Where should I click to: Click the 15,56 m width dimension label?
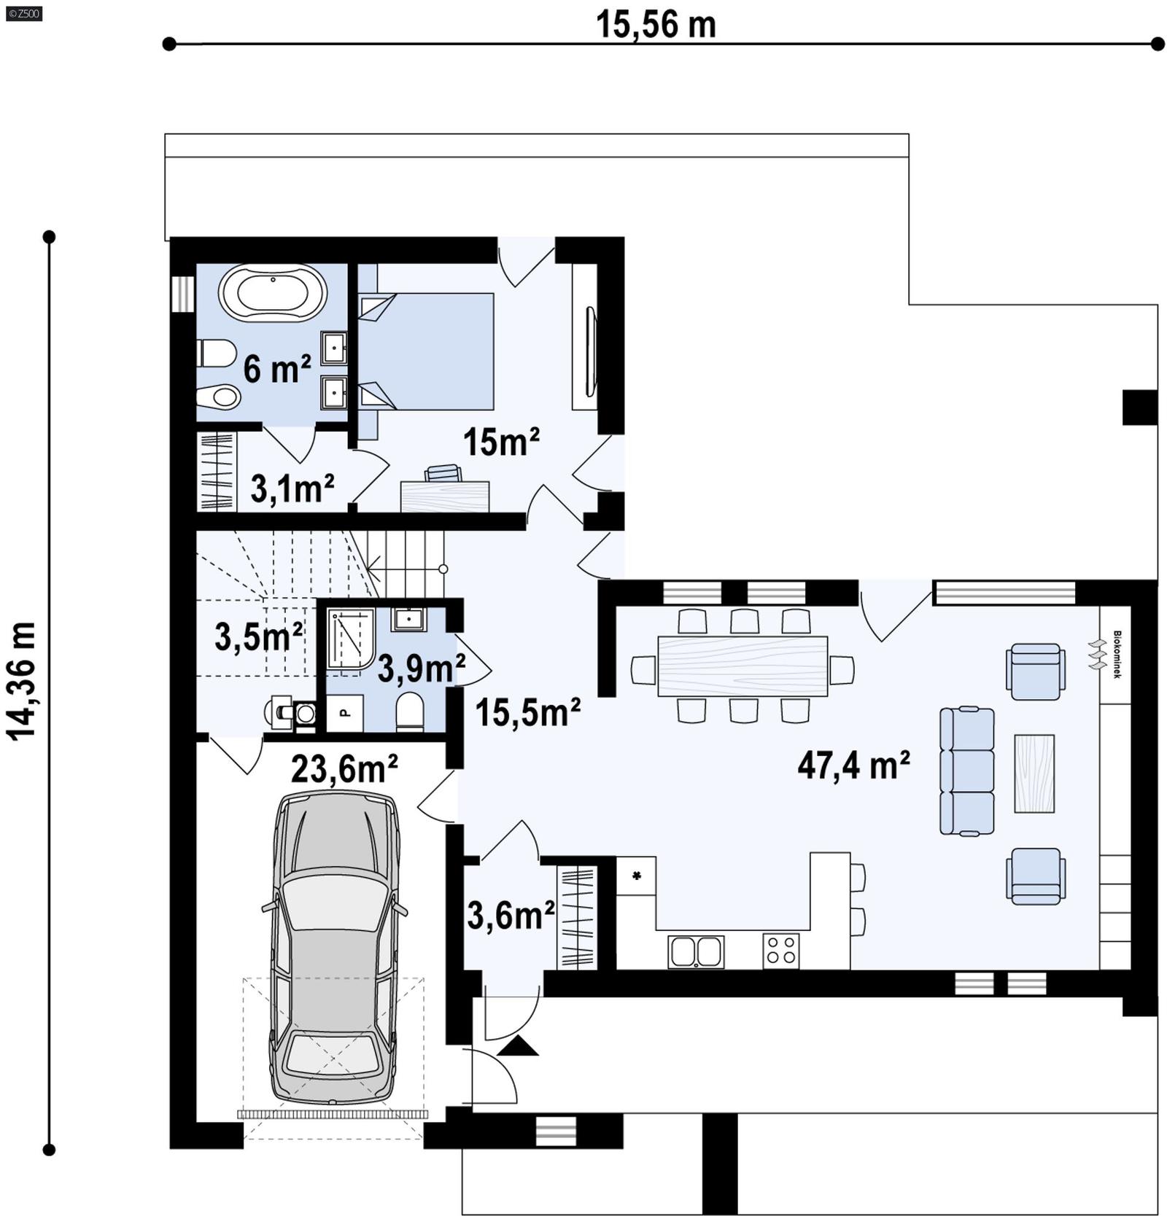pyautogui.click(x=656, y=24)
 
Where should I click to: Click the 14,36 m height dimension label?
pyautogui.click(x=22, y=680)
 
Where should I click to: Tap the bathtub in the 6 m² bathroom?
pyautogui.click(x=273, y=292)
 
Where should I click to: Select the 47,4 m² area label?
pyautogui.click(x=853, y=765)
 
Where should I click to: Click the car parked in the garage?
pyautogui.click(x=335, y=948)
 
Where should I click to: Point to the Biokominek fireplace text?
pyautogui.click(x=1116, y=655)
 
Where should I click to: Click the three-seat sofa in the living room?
pyautogui.click(x=966, y=771)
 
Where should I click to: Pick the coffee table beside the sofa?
pyautogui.click(x=1034, y=773)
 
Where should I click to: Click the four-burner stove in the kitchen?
pyautogui.click(x=780, y=951)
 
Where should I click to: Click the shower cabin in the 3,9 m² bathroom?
pyautogui.click(x=349, y=638)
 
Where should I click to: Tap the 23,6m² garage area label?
pyautogui.click(x=344, y=768)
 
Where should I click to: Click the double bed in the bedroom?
pyautogui.click(x=427, y=351)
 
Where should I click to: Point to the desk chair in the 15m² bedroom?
pyautogui.click(x=443, y=473)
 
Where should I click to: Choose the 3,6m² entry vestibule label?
pyautogui.click(x=511, y=916)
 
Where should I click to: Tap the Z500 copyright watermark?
pyautogui.click(x=23, y=12)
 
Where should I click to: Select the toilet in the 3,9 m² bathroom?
pyautogui.click(x=410, y=712)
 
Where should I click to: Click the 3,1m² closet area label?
pyautogui.click(x=292, y=488)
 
